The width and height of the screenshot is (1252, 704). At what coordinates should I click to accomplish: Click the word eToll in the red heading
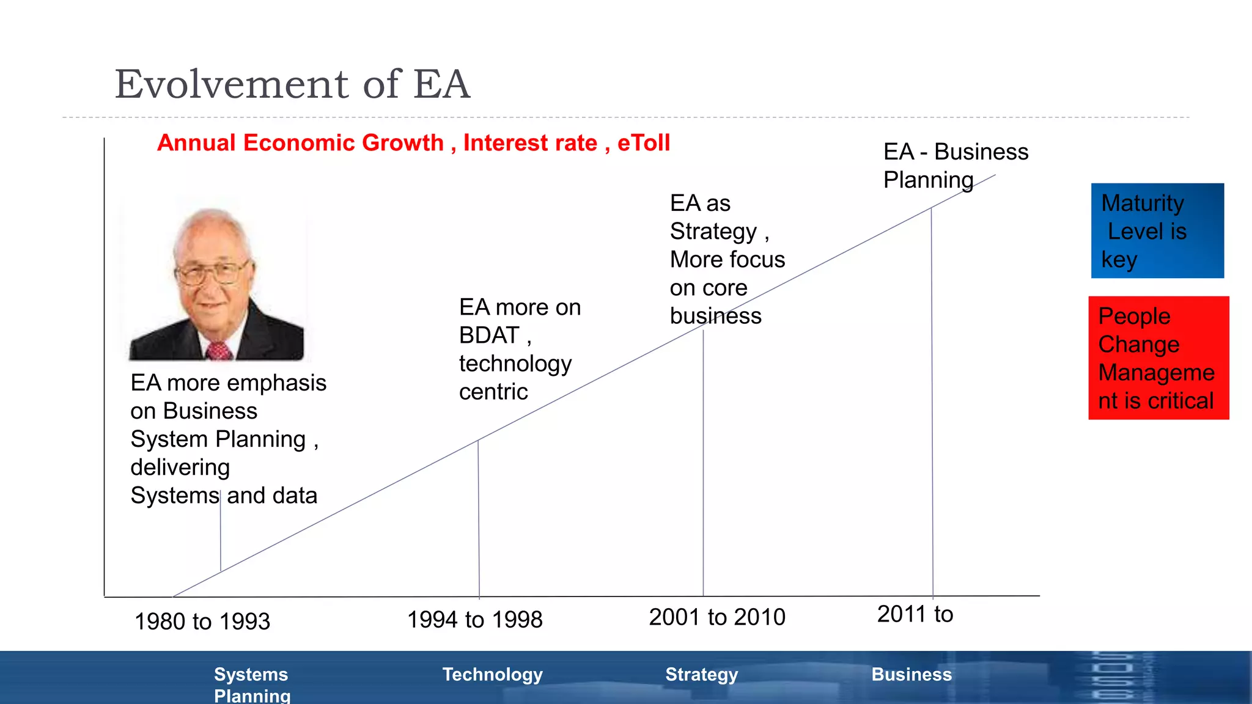644,143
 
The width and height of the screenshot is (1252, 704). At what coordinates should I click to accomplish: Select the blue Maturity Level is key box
1157,231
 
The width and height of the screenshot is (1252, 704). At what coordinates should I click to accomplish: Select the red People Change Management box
1158,358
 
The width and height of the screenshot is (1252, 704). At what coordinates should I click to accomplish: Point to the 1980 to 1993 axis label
202,621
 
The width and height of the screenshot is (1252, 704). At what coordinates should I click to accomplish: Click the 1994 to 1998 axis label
475,620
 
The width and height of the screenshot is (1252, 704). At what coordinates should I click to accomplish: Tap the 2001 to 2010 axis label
717,617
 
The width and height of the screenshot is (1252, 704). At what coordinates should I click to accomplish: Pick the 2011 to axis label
915,614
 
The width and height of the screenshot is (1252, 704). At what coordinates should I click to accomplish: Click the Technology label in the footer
493,675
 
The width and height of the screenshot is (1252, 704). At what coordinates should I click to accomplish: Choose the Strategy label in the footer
702,675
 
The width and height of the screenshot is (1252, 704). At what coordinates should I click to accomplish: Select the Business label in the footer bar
911,675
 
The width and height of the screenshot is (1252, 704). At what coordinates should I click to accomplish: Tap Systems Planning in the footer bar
252,684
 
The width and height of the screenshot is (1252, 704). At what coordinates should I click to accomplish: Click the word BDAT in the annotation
489,335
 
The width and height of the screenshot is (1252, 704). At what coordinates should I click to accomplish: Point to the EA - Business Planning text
955,166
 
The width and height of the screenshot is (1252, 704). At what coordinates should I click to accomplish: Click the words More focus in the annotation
727,260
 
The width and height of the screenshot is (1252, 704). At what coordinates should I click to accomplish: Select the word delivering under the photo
180,468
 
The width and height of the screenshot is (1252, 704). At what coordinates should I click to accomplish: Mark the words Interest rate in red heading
530,143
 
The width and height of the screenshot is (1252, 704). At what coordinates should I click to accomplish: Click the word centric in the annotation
493,392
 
